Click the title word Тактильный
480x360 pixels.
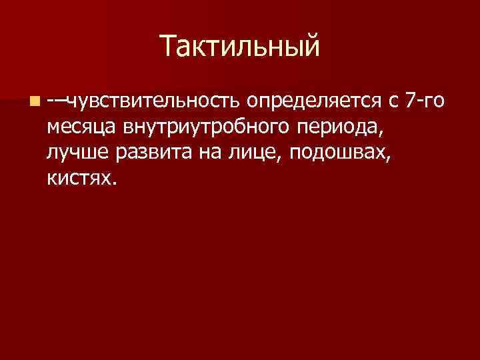coord(240,47)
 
